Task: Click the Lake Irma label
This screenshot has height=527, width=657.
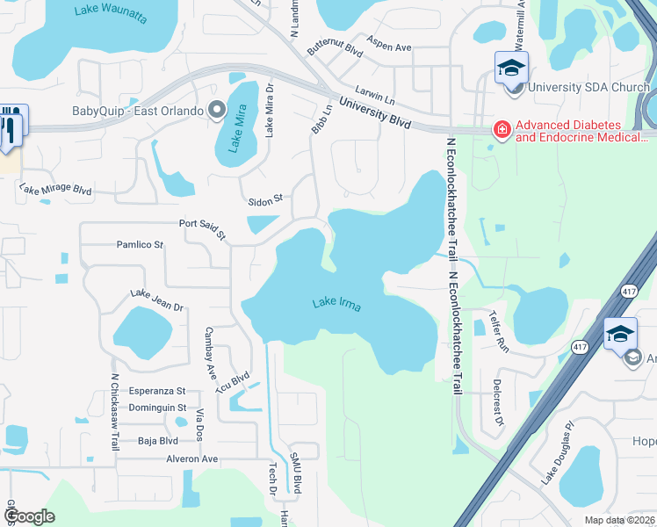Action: [338, 305]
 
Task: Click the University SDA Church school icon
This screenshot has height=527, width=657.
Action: [512, 66]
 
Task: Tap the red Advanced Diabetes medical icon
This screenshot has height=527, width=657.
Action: [502, 131]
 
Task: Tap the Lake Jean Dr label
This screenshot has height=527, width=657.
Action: [156, 300]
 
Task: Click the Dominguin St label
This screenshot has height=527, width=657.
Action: [158, 408]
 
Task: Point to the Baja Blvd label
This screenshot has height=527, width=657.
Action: [158, 441]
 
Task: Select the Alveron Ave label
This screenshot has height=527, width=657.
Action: [191, 458]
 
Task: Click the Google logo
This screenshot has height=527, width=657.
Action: [30, 516]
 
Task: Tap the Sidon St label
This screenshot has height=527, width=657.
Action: [264, 199]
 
